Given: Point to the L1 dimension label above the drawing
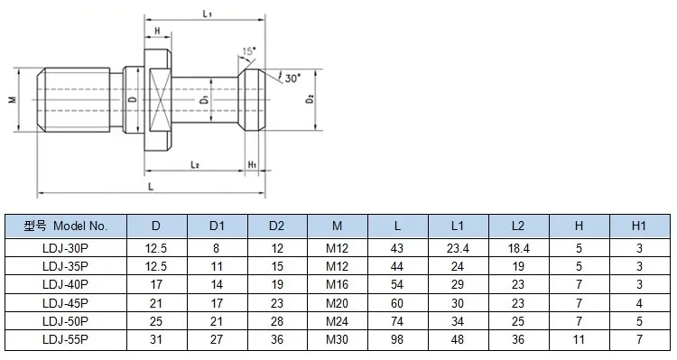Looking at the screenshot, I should [x=207, y=16].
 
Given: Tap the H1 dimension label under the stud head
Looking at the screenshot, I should [x=253, y=165].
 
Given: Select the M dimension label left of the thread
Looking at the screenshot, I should [x=12, y=99].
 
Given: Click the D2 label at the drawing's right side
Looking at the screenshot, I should [x=310, y=98].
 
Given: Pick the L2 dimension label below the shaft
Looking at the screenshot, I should [x=194, y=165].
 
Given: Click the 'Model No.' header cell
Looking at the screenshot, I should [x=65, y=226].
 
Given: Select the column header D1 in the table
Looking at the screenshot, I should [x=216, y=226].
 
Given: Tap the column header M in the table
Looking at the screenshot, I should [x=337, y=226].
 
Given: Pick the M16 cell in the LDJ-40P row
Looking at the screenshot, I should [x=337, y=283].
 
